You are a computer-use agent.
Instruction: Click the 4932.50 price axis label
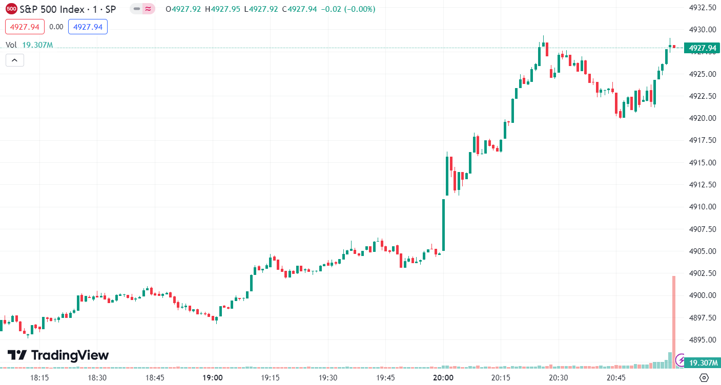(702, 8)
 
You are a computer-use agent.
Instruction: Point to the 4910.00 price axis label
(702, 207)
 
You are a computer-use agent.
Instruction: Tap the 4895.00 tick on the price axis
(702, 339)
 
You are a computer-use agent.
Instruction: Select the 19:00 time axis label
(213, 378)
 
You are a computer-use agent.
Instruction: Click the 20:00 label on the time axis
(443, 378)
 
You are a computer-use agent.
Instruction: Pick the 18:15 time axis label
(39, 378)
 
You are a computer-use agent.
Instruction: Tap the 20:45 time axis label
(616, 378)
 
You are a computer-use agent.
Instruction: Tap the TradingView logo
(58, 355)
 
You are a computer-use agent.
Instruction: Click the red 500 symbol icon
(11, 9)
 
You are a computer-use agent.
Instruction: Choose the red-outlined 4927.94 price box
(25, 27)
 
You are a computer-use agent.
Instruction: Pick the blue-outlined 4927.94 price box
(88, 27)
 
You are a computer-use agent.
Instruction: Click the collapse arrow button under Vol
(15, 60)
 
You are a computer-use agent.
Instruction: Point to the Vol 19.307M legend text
(29, 45)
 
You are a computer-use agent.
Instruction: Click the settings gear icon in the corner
(704, 378)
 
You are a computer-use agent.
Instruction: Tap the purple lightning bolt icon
(681, 360)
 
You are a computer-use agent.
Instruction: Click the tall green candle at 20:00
(443, 225)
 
